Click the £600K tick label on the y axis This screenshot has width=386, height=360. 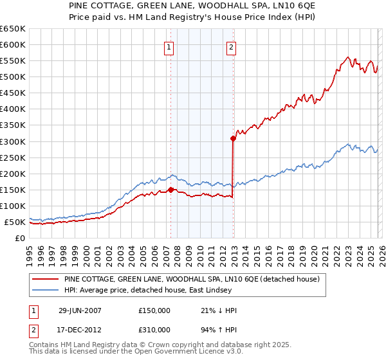point(13,45)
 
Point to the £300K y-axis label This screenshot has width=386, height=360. point(13,141)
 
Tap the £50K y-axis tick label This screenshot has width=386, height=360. point(15,222)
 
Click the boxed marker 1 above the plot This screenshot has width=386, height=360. point(169,46)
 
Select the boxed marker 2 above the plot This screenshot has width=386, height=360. point(231,46)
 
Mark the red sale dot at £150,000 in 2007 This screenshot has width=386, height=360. point(170,190)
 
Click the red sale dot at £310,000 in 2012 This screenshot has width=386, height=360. point(232,138)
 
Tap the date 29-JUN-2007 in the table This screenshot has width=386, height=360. point(80,310)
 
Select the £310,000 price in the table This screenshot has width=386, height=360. point(154,330)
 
